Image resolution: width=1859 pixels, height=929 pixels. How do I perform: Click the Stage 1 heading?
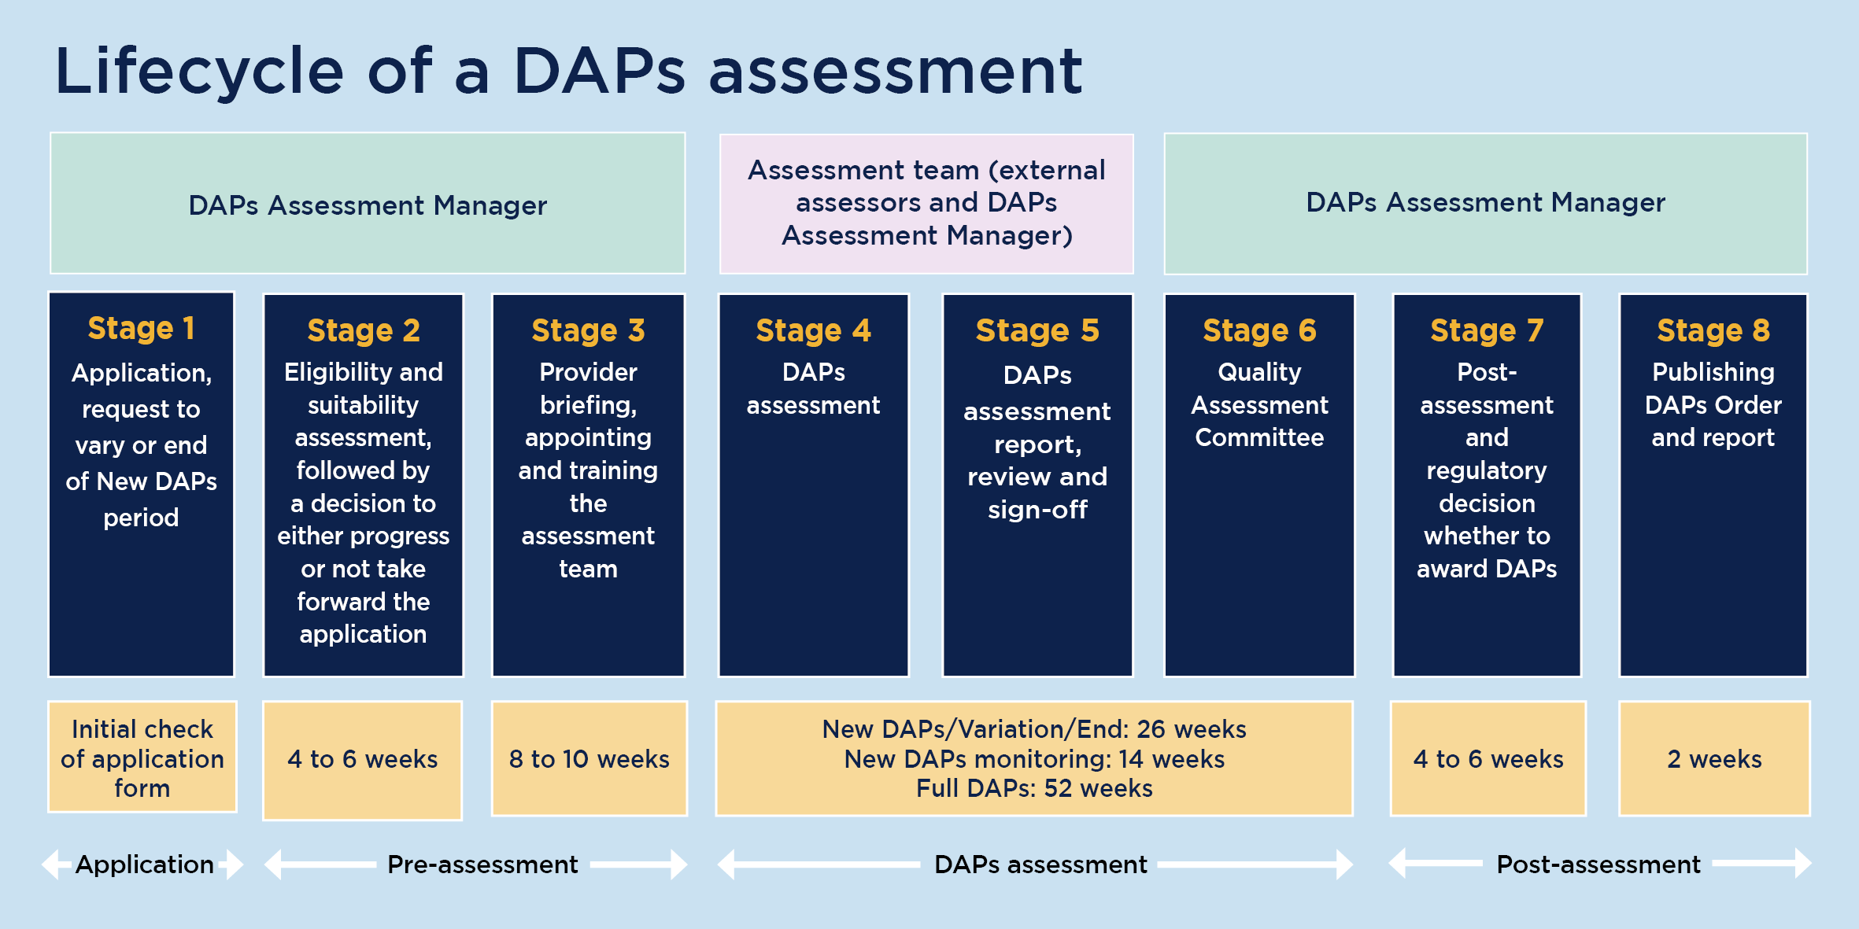141,328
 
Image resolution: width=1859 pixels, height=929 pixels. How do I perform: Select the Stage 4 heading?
813,330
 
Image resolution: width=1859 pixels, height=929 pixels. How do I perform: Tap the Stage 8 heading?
1713,330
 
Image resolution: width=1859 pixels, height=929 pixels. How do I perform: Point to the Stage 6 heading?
1258,330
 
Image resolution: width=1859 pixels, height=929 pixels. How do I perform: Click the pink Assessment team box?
926,203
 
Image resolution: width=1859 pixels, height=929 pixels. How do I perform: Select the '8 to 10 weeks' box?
589,759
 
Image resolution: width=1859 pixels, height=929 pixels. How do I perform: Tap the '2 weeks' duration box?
1714,759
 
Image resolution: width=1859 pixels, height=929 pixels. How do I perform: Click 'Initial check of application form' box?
142,758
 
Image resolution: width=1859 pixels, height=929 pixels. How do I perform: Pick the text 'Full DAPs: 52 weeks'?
1033,788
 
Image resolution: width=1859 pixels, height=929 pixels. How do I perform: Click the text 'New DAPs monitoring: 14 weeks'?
1033,759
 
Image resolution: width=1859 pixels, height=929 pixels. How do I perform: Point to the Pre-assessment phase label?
482,864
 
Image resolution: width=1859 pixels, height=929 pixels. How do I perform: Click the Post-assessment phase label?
1598,864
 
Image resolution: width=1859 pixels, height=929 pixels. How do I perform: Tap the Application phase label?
144,864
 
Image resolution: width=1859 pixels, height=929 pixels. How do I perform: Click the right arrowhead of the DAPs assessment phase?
1344,864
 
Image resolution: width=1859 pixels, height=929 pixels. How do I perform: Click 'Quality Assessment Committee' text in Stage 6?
1258,404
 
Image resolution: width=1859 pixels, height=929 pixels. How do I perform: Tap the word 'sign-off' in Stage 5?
1037,510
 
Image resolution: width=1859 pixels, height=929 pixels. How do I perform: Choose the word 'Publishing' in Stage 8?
1713,371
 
